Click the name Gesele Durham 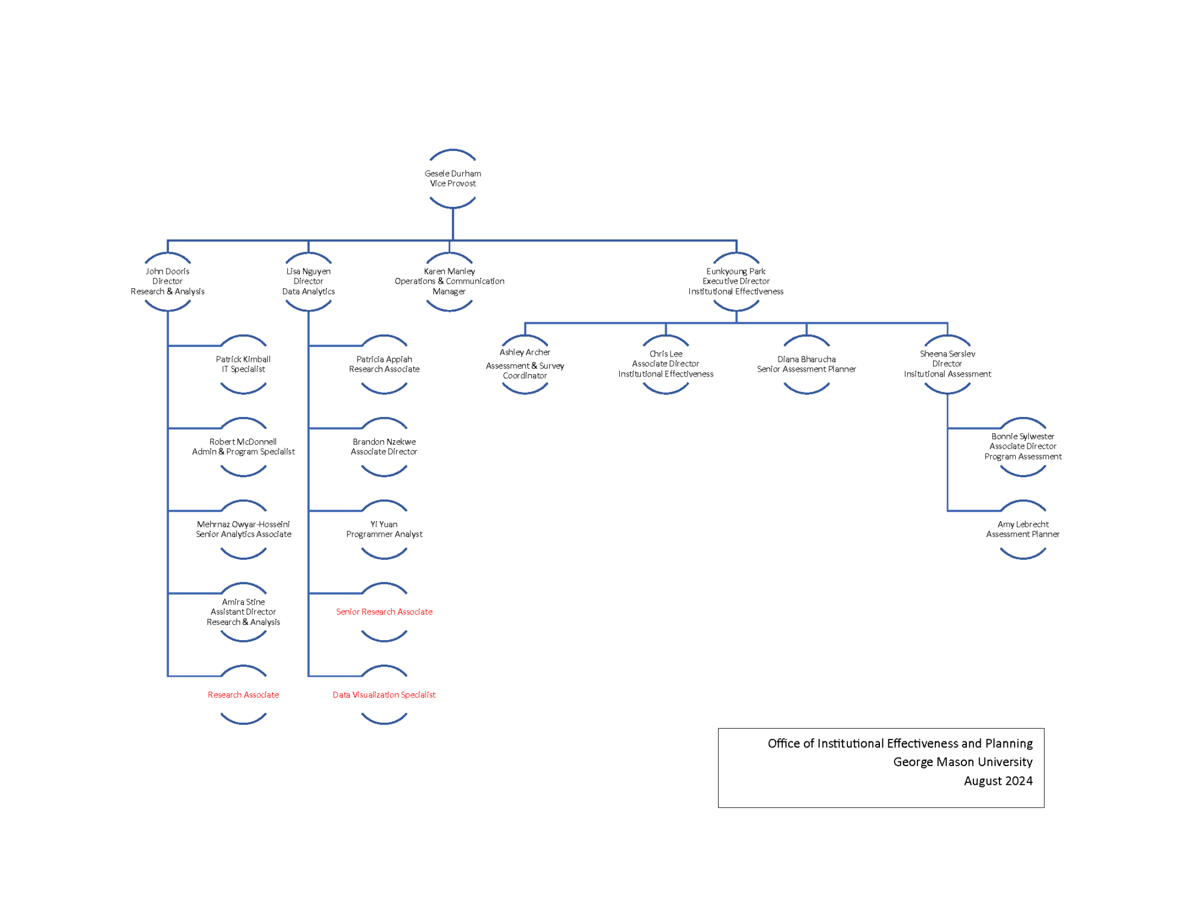pyautogui.click(x=453, y=174)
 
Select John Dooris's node pyautogui.click(x=167, y=282)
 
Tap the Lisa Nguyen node pyautogui.click(x=308, y=282)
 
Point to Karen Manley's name pyautogui.click(x=449, y=271)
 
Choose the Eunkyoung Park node pyautogui.click(x=736, y=282)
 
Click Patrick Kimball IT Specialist pyautogui.click(x=243, y=364)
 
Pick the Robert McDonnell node pyautogui.click(x=243, y=447)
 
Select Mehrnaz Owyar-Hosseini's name pyautogui.click(x=243, y=524)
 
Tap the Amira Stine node pyautogui.click(x=243, y=612)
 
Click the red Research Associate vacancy pyautogui.click(x=243, y=695)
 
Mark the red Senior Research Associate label pyautogui.click(x=384, y=612)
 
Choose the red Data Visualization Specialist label pyautogui.click(x=384, y=695)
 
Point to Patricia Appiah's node pyautogui.click(x=384, y=364)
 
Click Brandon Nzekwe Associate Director pyautogui.click(x=384, y=447)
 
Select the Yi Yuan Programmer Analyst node pyautogui.click(x=384, y=530)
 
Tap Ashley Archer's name pyautogui.click(x=524, y=352)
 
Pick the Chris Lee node pyautogui.click(x=666, y=364)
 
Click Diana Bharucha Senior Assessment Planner pyautogui.click(x=806, y=364)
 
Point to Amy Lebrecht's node pyautogui.click(x=1022, y=530)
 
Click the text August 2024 pyautogui.click(x=998, y=781)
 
